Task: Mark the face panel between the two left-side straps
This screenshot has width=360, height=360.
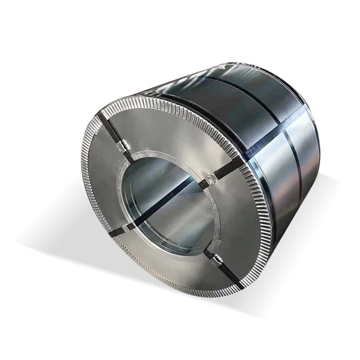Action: (x=103, y=187)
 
